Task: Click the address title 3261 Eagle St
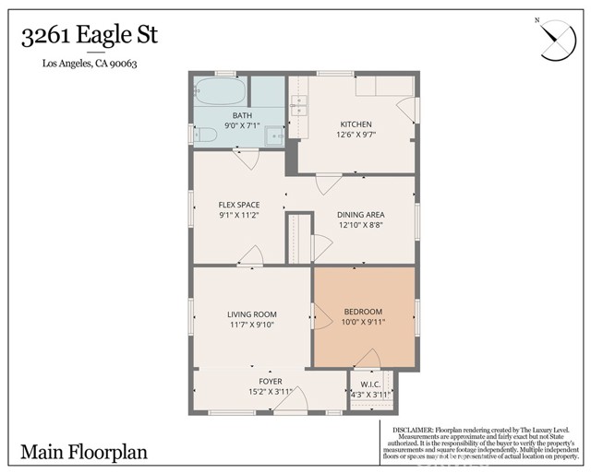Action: pos(89,36)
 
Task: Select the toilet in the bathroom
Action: pos(206,136)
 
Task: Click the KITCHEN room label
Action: pos(356,124)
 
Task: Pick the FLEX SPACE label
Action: pos(238,205)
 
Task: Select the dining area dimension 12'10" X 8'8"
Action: pos(360,224)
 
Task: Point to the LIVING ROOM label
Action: pos(252,314)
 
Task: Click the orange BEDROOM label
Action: pos(363,312)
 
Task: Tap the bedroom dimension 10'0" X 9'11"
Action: pos(363,323)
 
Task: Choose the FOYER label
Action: pos(270,382)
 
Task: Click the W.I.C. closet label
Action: pos(370,384)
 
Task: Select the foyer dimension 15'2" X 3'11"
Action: pos(270,393)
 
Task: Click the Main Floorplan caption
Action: pos(84,453)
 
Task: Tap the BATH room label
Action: pos(242,115)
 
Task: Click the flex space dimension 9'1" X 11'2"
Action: pos(238,215)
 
